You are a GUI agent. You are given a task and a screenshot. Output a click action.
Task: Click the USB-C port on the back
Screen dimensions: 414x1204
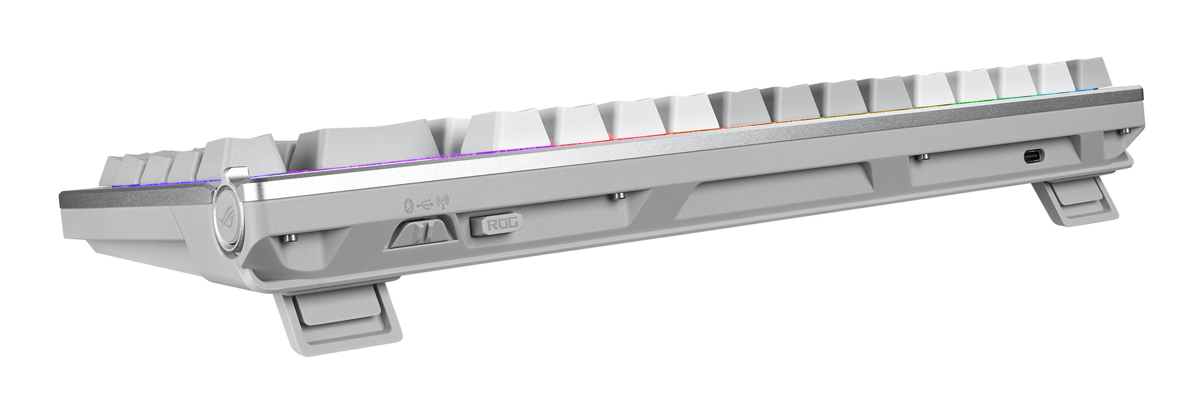coord(1034,157)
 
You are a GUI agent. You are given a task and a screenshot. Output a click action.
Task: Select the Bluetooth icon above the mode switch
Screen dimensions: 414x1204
coord(407,205)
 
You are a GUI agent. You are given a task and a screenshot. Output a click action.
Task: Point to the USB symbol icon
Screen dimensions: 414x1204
coord(424,205)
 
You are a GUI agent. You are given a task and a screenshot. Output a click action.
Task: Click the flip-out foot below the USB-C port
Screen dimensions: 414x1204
coord(1077,203)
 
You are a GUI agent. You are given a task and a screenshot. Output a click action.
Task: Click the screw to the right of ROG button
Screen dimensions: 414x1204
coord(618,195)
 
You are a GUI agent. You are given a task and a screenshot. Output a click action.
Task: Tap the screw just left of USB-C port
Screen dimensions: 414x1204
coord(924,157)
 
